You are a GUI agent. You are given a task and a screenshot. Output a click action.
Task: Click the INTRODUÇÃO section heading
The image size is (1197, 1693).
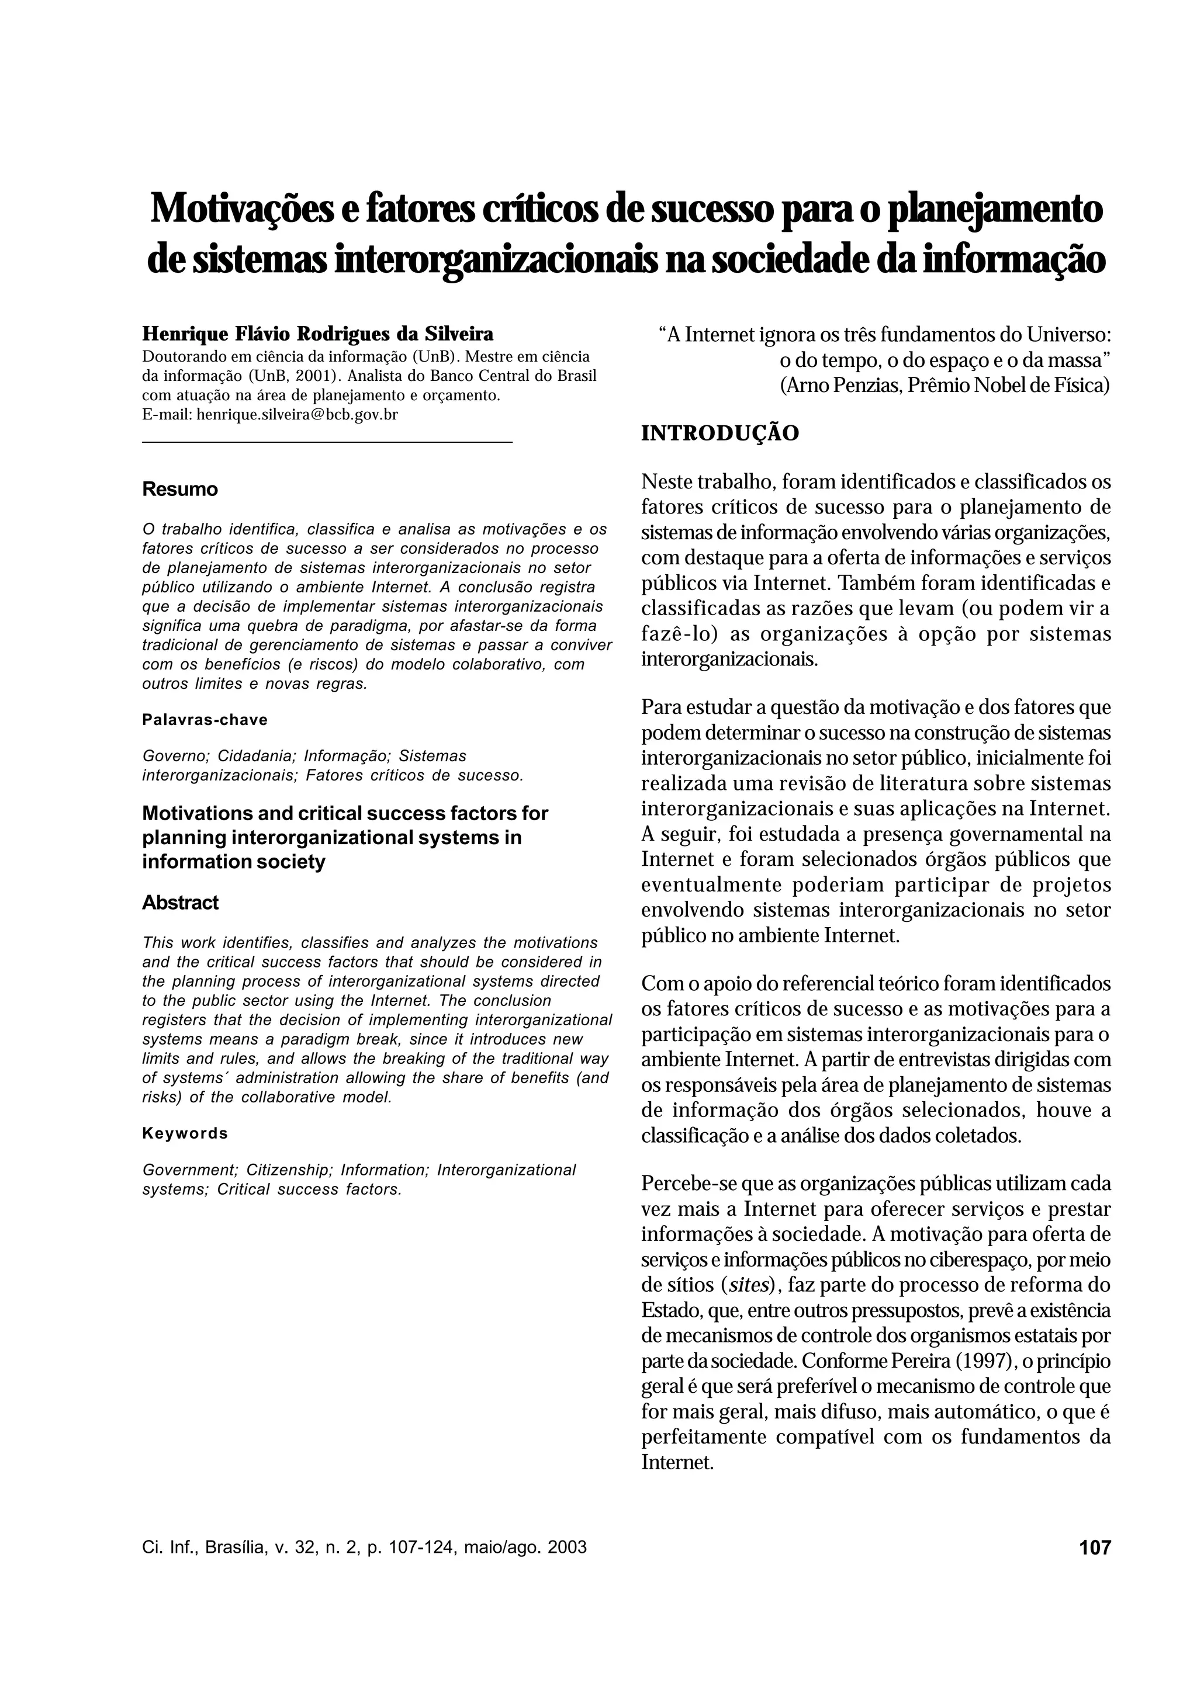click(720, 433)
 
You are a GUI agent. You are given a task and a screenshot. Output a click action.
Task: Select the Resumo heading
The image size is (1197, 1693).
click(180, 490)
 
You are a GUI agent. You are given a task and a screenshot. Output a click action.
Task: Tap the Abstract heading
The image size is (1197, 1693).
click(180, 903)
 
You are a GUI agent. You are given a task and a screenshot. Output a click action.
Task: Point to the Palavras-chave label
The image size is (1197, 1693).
click(205, 720)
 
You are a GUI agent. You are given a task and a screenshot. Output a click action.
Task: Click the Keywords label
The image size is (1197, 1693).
click(185, 1133)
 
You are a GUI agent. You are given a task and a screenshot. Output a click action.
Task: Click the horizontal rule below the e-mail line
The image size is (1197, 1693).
click(327, 441)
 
